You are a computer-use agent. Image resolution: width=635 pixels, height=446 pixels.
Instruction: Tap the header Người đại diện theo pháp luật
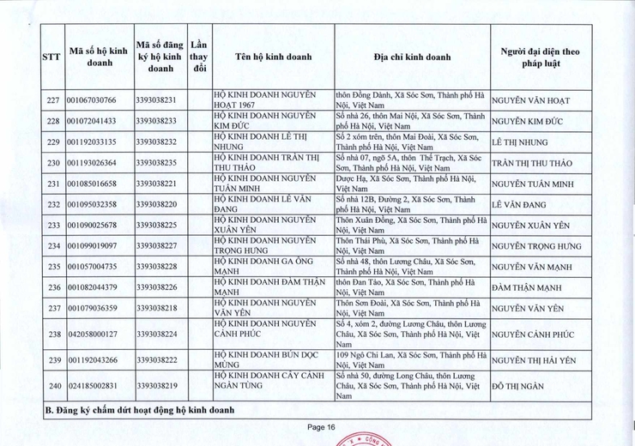[539, 57]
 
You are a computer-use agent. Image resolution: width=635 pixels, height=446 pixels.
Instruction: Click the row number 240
[52, 386]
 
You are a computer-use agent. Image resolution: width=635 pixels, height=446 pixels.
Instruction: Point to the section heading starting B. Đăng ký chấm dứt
[139, 411]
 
